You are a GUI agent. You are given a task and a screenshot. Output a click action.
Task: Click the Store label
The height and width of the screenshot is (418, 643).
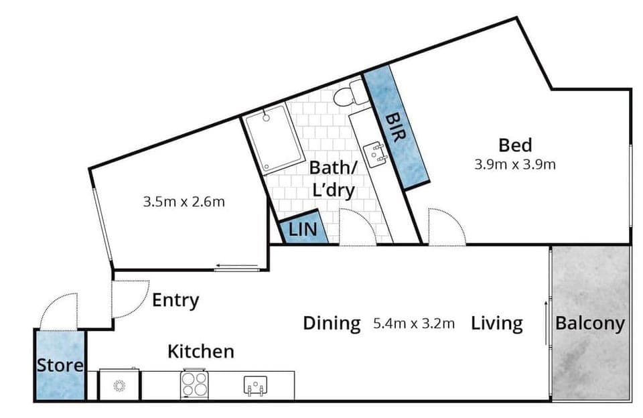[60, 366]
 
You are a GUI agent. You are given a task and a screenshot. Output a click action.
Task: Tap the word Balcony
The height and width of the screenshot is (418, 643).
[590, 324]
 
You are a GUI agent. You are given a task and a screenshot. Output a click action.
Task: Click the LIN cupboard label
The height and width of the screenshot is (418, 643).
[301, 230]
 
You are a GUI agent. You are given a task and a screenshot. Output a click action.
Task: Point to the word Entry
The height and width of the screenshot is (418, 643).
[175, 301]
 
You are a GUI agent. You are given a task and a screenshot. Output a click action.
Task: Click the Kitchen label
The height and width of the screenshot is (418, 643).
[200, 351]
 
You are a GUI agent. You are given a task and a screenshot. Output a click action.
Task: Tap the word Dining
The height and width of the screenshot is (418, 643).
[332, 324]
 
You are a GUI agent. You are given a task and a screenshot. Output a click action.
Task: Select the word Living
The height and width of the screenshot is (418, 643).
[496, 324]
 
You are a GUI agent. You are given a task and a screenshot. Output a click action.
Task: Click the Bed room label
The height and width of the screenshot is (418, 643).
[515, 145]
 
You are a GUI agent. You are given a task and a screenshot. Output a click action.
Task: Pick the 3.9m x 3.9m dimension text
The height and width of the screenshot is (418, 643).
[515, 164]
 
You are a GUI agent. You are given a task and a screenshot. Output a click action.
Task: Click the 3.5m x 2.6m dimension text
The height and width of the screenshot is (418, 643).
[184, 201]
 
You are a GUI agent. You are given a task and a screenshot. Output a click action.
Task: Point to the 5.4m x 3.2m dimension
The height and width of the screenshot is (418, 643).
[414, 324]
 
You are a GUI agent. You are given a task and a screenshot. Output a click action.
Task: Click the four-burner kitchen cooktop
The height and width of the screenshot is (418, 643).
[194, 385]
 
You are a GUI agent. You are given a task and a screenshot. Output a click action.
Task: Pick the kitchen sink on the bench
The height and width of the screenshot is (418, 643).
[257, 385]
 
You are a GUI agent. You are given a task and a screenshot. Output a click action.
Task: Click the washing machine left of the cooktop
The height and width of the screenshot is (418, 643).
[120, 385]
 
